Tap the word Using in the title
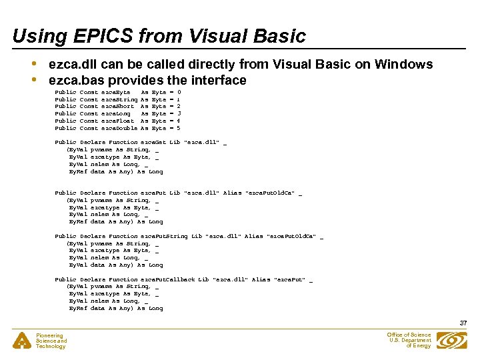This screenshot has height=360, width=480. (34, 36)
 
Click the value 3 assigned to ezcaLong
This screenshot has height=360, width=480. (179, 113)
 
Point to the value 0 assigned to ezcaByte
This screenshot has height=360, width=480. (179, 91)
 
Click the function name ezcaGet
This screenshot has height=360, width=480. (153, 143)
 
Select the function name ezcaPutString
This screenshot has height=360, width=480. (164, 236)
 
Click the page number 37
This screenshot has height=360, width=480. (464, 323)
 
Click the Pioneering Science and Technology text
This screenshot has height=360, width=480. (51, 341)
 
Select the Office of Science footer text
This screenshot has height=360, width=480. (409, 340)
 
